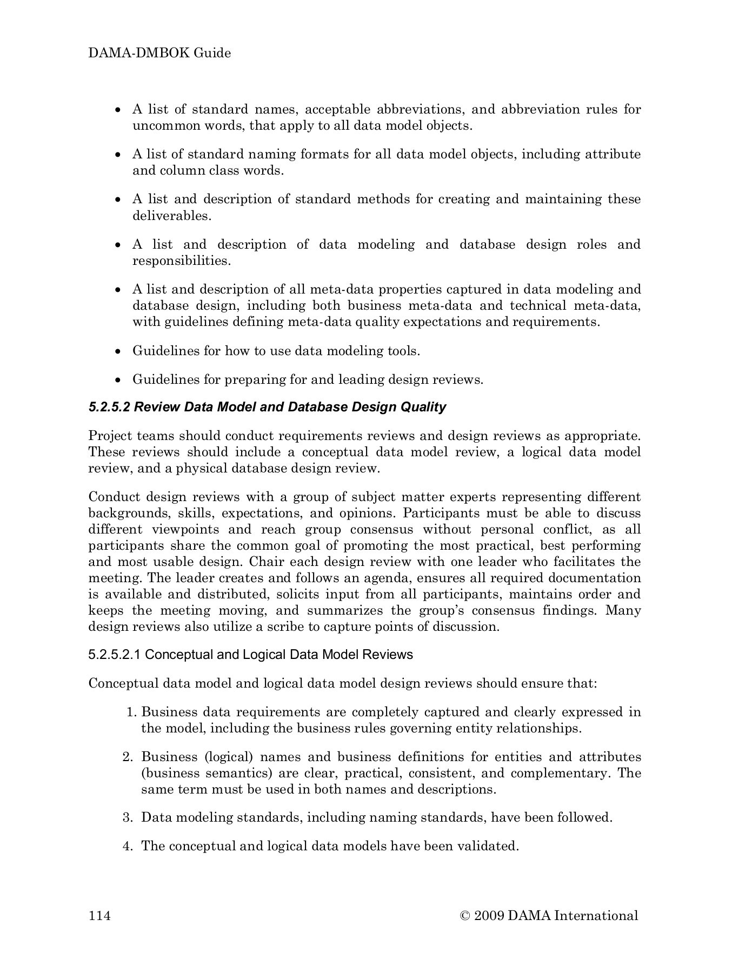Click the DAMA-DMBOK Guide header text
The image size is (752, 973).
pos(159,53)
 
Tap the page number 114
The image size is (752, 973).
pos(99,915)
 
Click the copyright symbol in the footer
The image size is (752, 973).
pos(464,915)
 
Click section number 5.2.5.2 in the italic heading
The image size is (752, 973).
pos(109,407)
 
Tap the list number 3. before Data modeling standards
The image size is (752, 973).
pos(128,817)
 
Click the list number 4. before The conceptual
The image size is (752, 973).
pos(128,846)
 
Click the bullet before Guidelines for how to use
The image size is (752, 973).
pos(119,351)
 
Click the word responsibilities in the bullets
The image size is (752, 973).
pos(181,261)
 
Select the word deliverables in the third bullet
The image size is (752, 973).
pos(171,216)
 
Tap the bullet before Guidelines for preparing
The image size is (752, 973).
pos(119,380)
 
